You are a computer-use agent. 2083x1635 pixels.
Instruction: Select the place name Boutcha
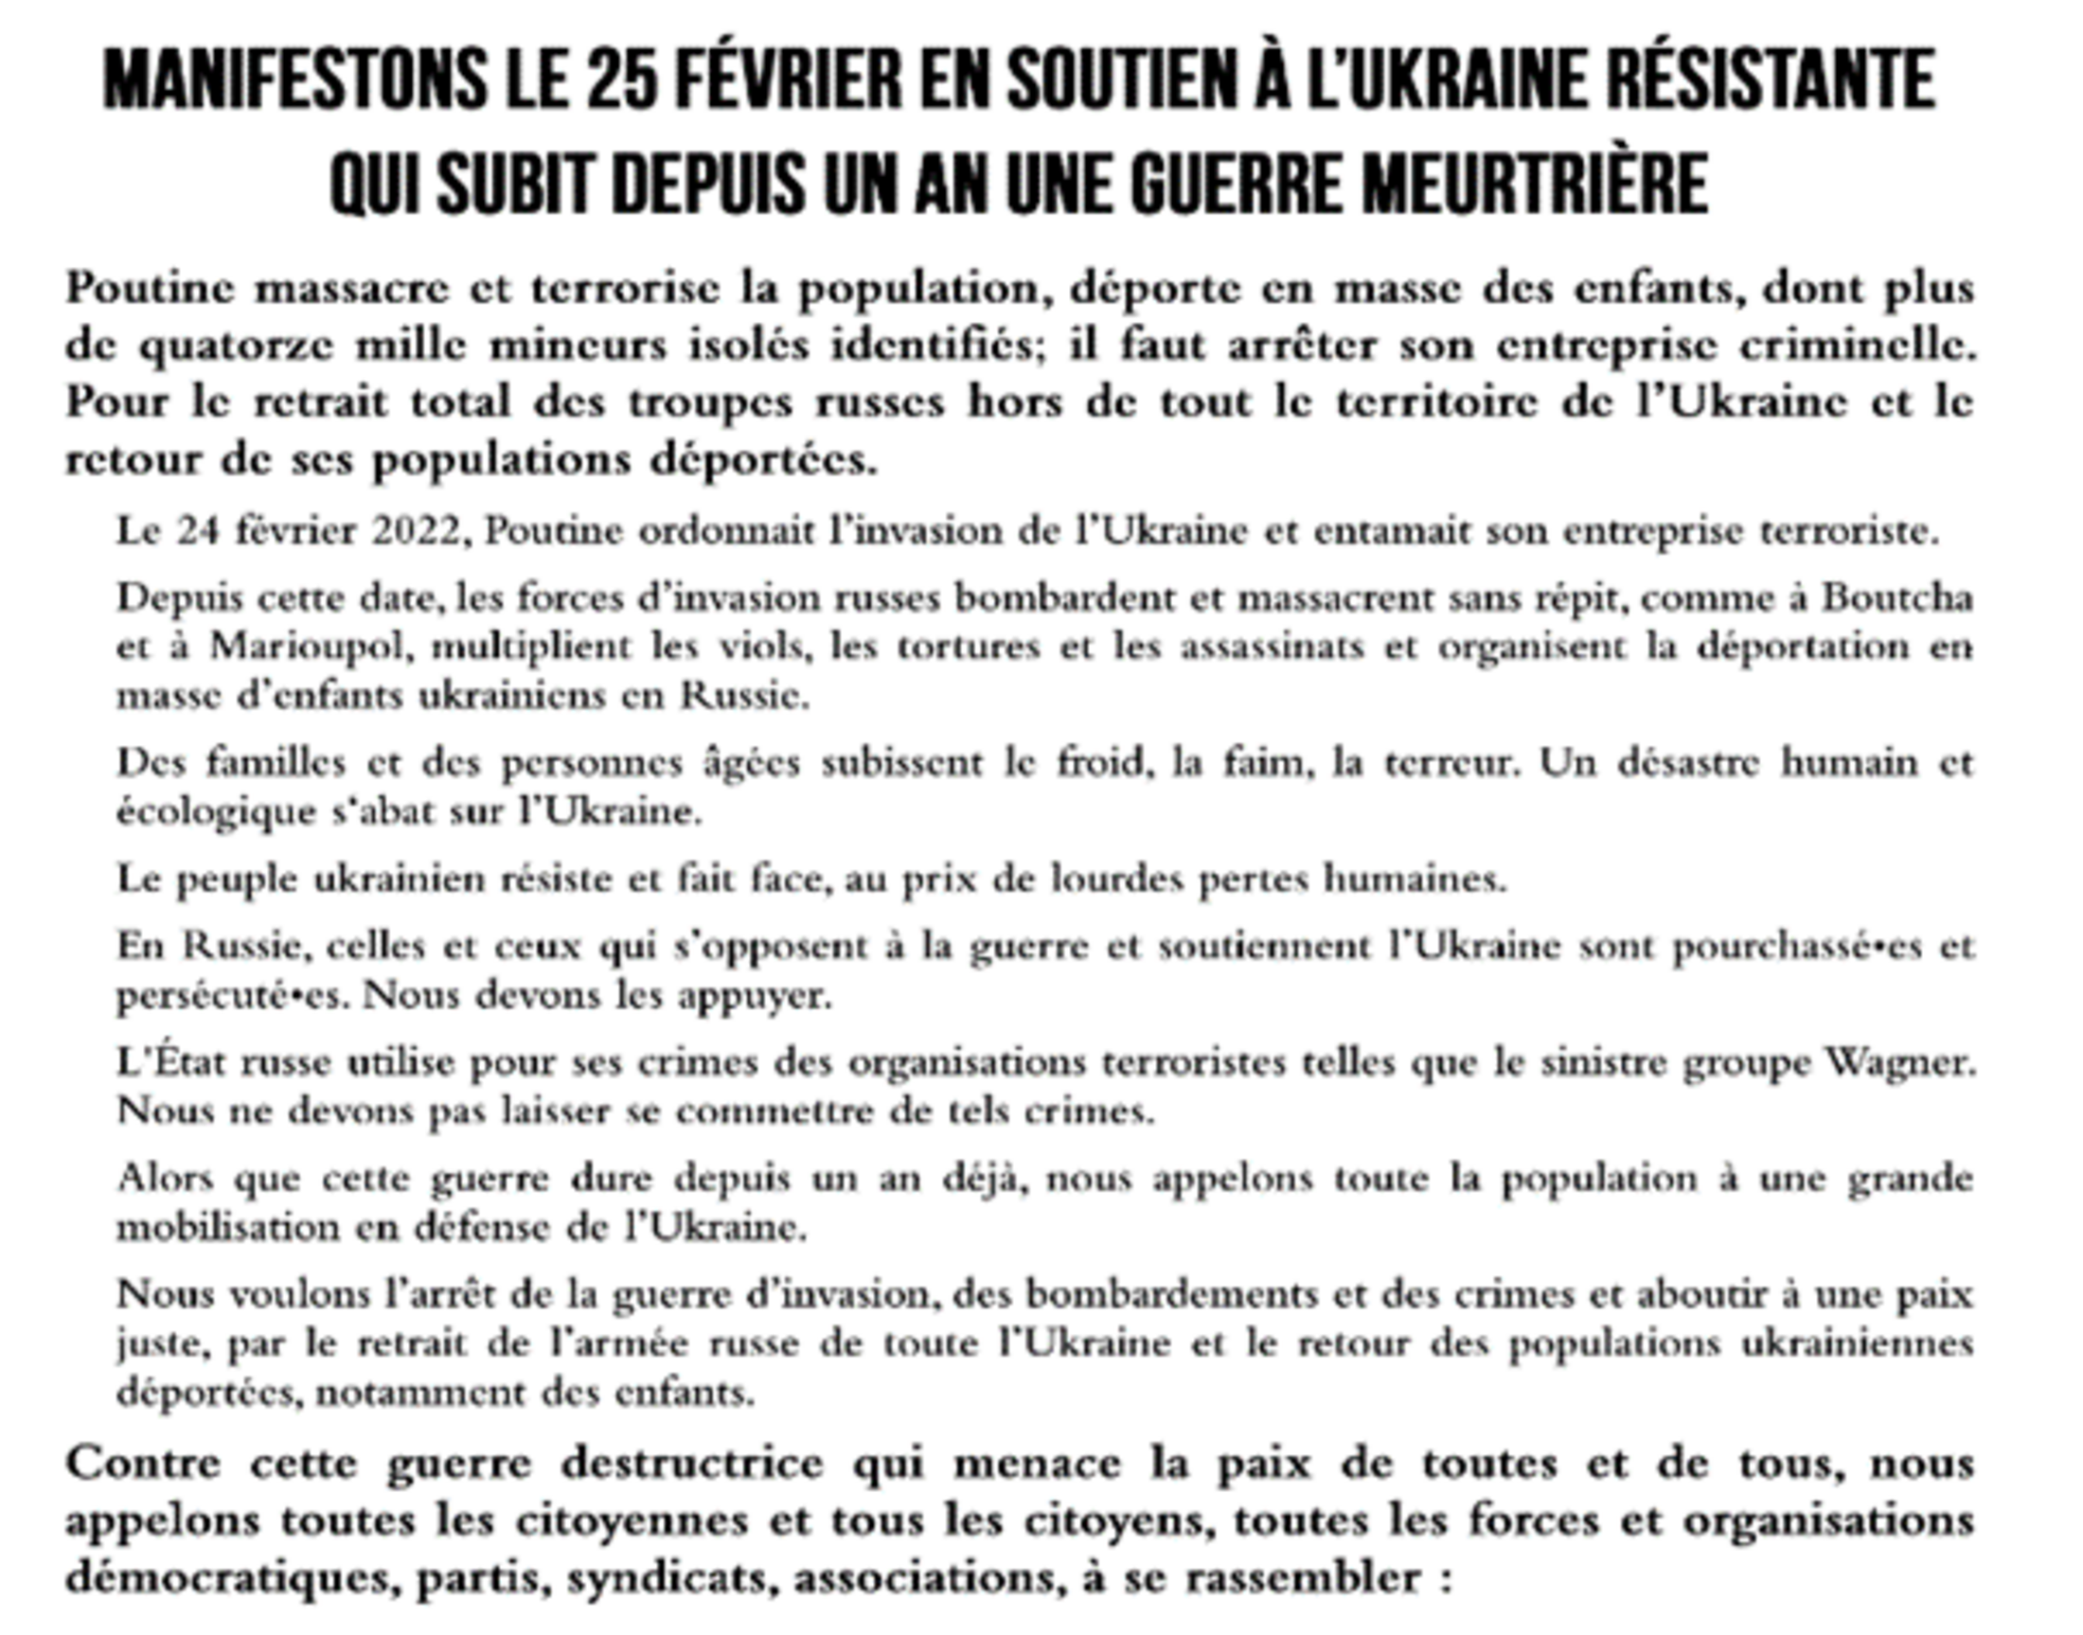1896,598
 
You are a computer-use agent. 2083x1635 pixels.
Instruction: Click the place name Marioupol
312,648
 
